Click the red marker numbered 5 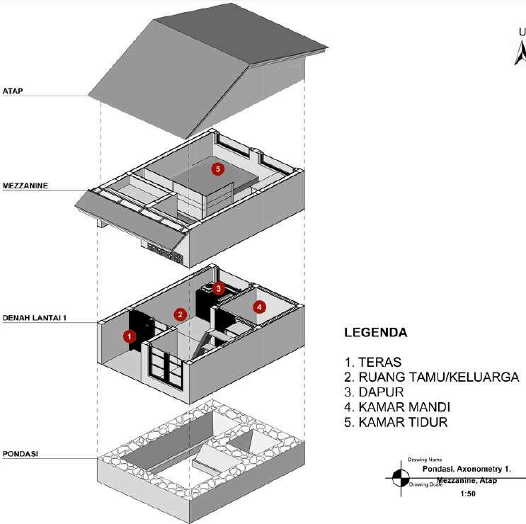(x=217, y=169)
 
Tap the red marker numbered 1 (x=130, y=336)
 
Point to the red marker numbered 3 (x=219, y=288)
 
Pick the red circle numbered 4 (x=260, y=307)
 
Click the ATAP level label (x=13, y=91)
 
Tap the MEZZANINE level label (x=25, y=186)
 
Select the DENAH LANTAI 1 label (x=35, y=319)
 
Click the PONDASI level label (x=20, y=452)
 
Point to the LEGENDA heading (x=375, y=332)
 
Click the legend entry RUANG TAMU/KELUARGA (x=432, y=377)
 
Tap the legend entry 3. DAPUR (x=374, y=392)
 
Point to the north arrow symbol (x=520, y=52)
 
